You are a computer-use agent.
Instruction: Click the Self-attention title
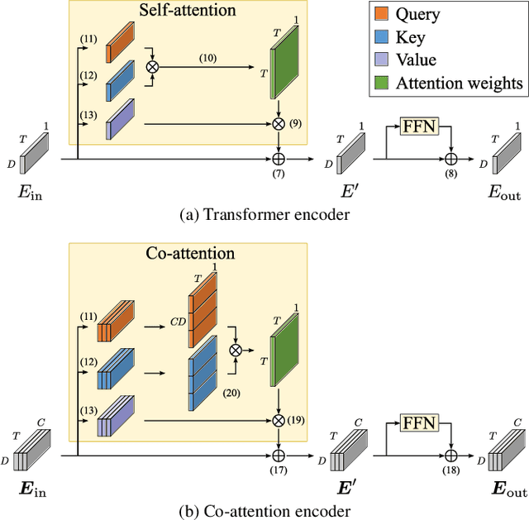click(x=188, y=11)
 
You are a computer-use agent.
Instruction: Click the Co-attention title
click(x=188, y=254)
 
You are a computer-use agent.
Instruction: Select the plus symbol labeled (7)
click(x=278, y=156)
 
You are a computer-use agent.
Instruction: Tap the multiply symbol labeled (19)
click(x=278, y=421)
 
